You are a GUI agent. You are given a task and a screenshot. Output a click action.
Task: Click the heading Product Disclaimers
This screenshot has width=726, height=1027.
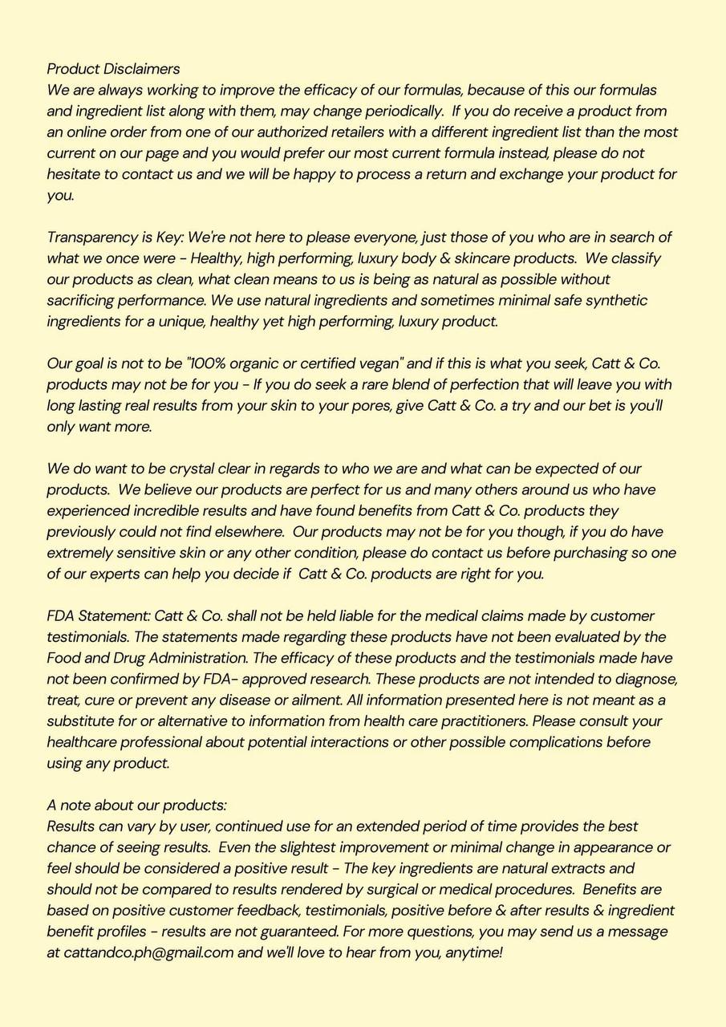click(x=113, y=69)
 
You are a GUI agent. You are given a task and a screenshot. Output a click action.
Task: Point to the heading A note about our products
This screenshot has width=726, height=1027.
click(x=136, y=806)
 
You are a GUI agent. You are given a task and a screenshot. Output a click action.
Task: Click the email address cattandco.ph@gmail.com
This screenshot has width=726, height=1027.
click(x=140, y=953)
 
